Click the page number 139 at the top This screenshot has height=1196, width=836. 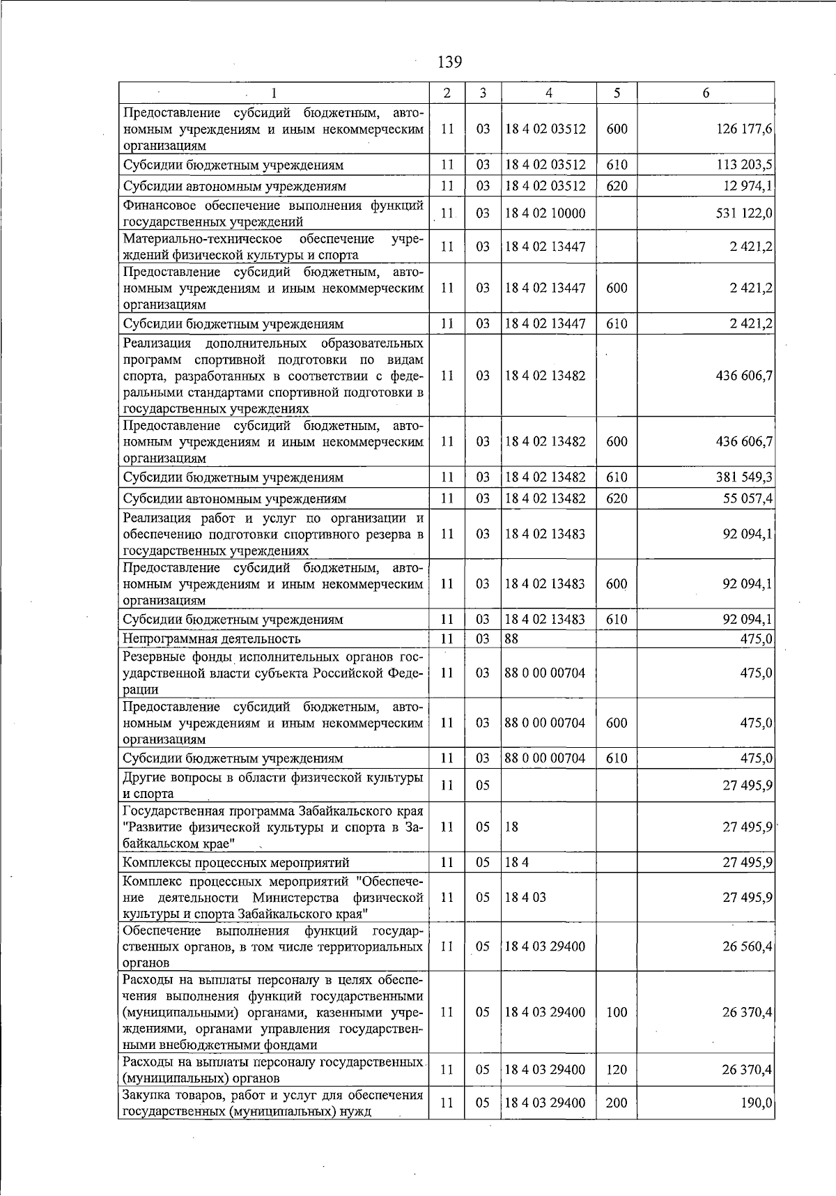point(449,62)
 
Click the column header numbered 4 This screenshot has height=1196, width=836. point(548,93)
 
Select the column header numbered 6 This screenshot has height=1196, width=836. point(706,93)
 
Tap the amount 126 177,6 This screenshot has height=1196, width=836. point(744,129)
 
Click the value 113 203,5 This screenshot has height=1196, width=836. point(744,165)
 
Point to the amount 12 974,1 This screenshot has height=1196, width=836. point(747,186)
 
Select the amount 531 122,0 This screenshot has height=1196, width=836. point(744,213)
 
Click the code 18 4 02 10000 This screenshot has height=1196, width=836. point(545,213)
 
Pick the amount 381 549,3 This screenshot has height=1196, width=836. point(744,477)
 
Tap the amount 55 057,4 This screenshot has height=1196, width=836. point(747,498)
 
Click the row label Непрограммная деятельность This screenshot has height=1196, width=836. point(212,638)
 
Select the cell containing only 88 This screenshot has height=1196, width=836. point(511,638)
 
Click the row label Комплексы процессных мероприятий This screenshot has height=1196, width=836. point(236,862)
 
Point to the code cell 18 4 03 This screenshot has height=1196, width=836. point(525,897)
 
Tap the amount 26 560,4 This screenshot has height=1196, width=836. point(747,946)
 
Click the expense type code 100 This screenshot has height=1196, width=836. point(617,1012)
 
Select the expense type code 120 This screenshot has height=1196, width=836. point(617,1070)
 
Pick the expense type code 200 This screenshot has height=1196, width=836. point(617,1103)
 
